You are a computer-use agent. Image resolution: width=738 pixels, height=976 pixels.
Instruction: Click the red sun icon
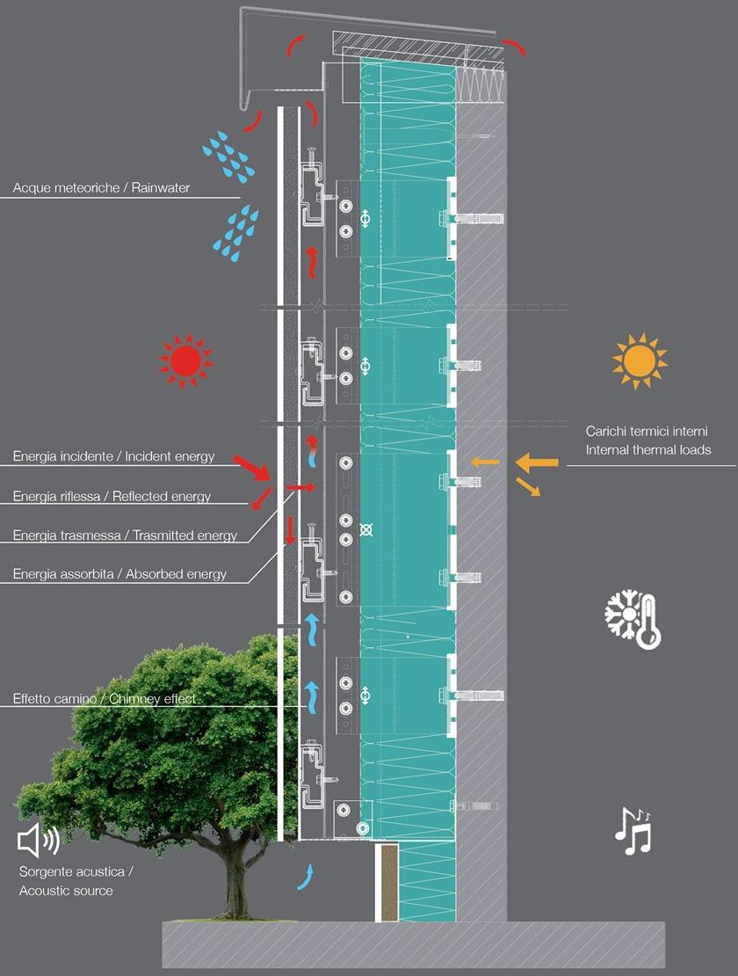coord(186,361)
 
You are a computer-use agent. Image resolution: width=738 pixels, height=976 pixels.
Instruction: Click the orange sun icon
coord(639,361)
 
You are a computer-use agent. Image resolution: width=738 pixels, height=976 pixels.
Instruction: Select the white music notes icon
coord(633,831)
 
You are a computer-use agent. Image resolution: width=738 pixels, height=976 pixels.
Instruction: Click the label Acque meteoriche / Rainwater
coord(101,188)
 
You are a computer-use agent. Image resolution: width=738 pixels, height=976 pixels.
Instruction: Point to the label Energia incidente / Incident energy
coord(113,456)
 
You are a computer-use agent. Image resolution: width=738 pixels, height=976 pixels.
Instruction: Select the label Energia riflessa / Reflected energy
coord(112,497)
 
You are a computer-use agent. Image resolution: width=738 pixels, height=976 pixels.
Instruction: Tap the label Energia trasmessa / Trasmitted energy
coord(125,535)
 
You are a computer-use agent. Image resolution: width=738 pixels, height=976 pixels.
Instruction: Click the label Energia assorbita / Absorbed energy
coord(119,574)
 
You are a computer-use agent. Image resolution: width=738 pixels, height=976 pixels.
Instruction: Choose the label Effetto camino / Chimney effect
coord(104,700)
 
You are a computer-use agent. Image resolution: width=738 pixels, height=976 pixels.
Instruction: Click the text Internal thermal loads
coord(648,450)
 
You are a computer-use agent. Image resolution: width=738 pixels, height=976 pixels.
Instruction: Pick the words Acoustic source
coord(66,891)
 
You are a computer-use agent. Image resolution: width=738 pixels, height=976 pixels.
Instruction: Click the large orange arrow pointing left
coord(536,462)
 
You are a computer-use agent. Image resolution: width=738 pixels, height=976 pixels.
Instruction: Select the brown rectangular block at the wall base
coord(388,884)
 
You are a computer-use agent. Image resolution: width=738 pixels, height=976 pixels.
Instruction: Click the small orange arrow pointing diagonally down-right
coord(528,486)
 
